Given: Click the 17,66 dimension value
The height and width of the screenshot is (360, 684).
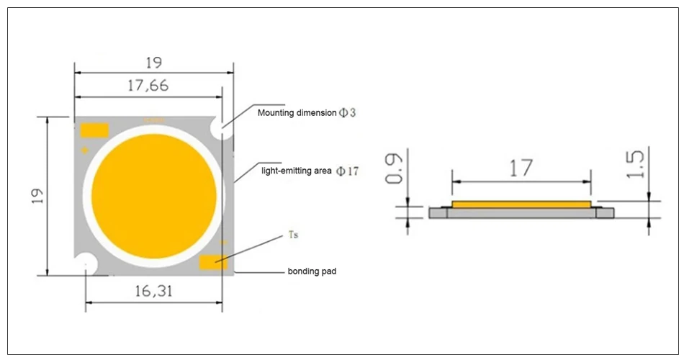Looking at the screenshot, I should (x=148, y=86).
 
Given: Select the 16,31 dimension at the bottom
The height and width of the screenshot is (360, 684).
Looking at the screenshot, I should (x=153, y=291).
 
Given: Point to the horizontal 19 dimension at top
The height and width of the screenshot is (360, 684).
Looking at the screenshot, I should (x=153, y=63).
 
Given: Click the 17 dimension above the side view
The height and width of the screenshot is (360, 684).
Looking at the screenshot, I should (x=521, y=168).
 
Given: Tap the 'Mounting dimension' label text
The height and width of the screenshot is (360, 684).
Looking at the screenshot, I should (x=297, y=113).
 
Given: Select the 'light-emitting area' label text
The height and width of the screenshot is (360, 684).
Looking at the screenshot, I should (x=296, y=171).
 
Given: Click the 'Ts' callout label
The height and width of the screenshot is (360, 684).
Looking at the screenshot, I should (x=293, y=235).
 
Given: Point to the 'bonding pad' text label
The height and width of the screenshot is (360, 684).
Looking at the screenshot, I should (x=312, y=271).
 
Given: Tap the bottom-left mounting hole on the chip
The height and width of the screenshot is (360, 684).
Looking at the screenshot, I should (x=86, y=263).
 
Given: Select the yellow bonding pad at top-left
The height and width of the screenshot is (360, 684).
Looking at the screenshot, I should (x=94, y=130).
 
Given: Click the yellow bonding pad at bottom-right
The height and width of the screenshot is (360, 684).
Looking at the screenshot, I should (x=212, y=262).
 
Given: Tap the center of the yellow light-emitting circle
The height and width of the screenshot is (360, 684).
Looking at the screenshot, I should (x=153, y=194).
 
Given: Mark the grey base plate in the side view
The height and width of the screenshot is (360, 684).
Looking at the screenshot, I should (x=521, y=213).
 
